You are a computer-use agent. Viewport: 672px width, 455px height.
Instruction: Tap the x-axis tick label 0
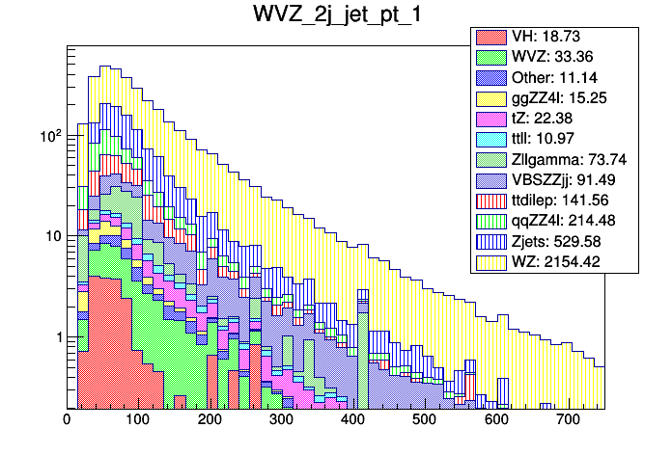pyautogui.click(x=67, y=419)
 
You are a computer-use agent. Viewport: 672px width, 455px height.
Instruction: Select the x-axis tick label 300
pyautogui.click(x=281, y=419)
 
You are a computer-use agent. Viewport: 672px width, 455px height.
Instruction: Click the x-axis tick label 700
pyautogui.click(x=568, y=419)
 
